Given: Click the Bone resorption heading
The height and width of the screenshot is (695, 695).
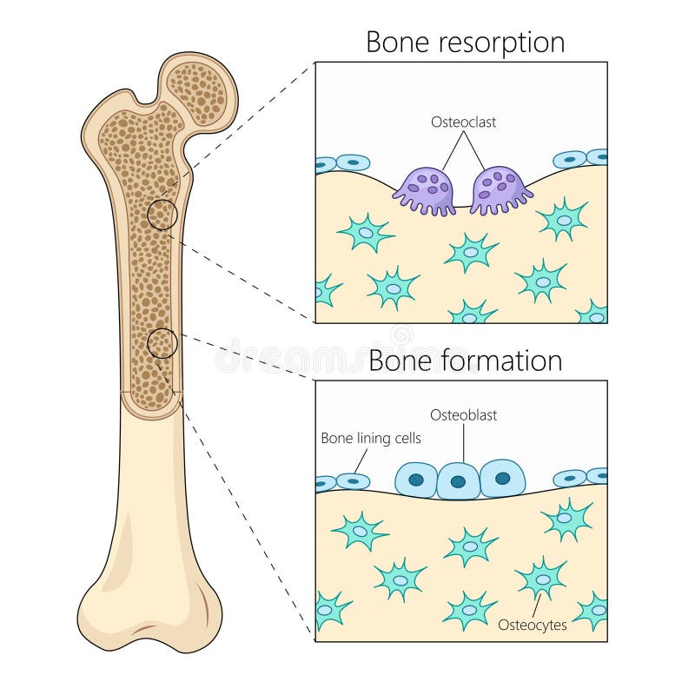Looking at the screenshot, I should (x=465, y=42).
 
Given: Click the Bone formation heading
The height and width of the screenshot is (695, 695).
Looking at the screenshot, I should (x=465, y=360).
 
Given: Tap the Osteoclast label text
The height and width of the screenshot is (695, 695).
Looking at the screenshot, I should (x=464, y=122).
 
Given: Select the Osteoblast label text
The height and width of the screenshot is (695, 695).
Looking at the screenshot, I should (x=463, y=415).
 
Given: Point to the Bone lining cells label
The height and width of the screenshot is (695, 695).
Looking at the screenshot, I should (x=371, y=439).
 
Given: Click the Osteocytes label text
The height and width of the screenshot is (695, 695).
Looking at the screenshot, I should (x=533, y=624).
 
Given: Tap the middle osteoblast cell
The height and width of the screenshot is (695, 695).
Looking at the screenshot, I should (x=459, y=480).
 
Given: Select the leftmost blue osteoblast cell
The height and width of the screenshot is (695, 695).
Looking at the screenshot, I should (x=416, y=479).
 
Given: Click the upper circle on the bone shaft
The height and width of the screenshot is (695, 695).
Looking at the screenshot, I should (x=162, y=214).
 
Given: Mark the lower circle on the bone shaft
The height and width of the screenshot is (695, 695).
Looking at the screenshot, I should (x=162, y=344).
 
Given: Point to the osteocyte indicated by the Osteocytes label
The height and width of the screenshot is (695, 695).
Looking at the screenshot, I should (x=542, y=578).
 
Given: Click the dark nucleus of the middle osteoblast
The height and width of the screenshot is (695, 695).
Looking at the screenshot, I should (x=459, y=480).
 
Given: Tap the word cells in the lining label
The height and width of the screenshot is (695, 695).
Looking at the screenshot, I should (x=406, y=439).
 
